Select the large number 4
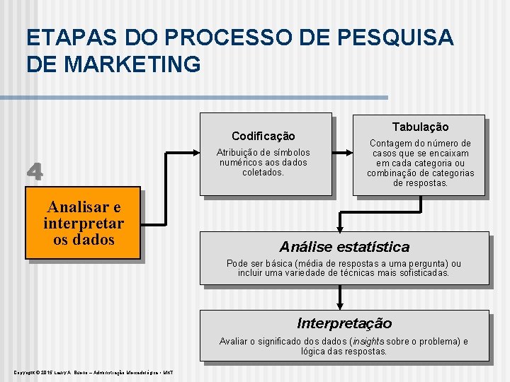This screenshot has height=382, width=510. coord(35,172)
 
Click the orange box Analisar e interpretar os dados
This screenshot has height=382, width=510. coord(83,224)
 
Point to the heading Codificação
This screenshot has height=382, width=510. coord(263,136)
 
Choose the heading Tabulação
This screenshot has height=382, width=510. coord(420,127)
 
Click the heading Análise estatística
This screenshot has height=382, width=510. coord(344,247)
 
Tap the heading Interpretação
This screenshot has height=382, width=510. coord(344,323)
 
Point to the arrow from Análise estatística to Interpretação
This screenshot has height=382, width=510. coord(341,296)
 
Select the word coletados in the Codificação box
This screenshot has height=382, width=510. coord(263,172)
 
